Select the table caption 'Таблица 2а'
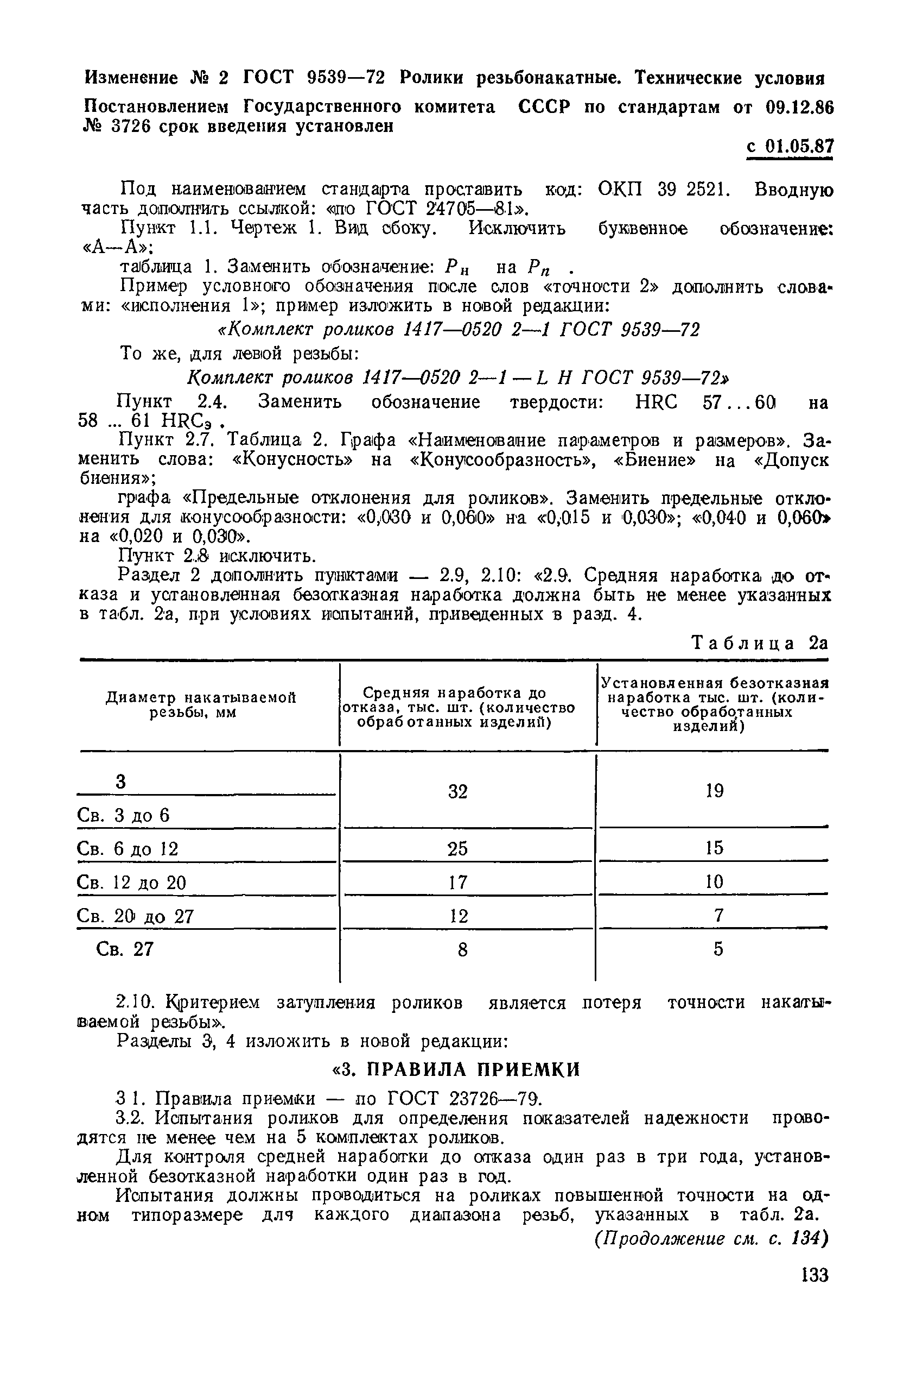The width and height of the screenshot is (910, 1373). pyautogui.click(x=760, y=643)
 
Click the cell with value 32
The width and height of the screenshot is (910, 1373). pyautogui.click(x=457, y=791)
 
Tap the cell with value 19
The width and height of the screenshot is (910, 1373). pyautogui.click(x=715, y=790)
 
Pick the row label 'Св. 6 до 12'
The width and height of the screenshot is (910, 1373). pyautogui.click(x=128, y=849)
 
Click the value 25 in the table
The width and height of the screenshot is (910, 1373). pyautogui.click(x=457, y=848)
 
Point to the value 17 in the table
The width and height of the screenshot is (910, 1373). pyautogui.click(x=457, y=882)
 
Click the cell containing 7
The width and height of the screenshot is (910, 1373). pyautogui.click(x=718, y=915)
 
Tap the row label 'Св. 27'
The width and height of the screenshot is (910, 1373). pyautogui.click(x=125, y=949)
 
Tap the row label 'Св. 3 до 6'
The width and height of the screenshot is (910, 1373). pyautogui.click(x=123, y=815)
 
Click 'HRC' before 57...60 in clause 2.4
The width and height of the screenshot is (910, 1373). pyautogui.click(x=657, y=402)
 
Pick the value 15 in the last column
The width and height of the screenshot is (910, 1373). pyautogui.click(x=715, y=848)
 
